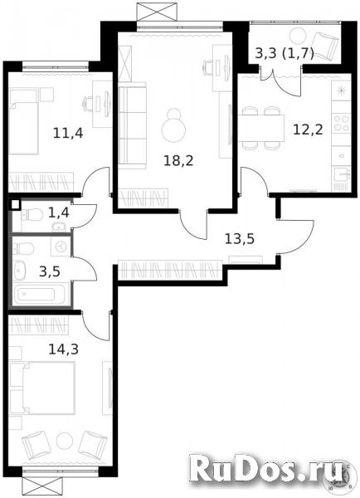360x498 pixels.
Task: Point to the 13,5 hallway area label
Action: (241, 239)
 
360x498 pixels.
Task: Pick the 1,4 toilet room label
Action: (59, 212)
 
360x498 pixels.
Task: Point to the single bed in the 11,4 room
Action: (29, 121)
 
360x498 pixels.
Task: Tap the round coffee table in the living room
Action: (174, 129)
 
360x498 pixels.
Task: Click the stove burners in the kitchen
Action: (341, 125)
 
